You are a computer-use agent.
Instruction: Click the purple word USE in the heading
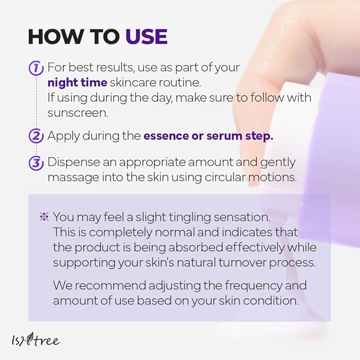pyautogui.click(x=146, y=36)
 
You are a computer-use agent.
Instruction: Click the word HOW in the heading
pyautogui.click(x=55, y=36)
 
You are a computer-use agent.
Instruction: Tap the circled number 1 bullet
pyautogui.click(x=36, y=68)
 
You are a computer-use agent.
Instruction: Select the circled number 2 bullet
pyautogui.click(x=36, y=136)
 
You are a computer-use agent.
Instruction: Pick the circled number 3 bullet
pyautogui.click(x=36, y=163)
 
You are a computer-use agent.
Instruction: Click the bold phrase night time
pyautogui.click(x=77, y=83)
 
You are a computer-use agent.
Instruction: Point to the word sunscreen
pyautogui.click(x=77, y=113)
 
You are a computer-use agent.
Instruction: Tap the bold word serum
pyautogui.click(x=224, y=136)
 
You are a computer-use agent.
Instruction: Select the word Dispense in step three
pyautogui.click(x=74, y=163)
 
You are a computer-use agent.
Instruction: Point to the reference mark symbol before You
pyautogui.click(x=44, y=216)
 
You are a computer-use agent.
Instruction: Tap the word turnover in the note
pyautogui.click(x=242, y=262)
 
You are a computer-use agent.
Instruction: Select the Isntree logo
pyautogui.click(x=36, y=339)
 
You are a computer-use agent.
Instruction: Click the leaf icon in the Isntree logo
pyautogui.click(x=29, y=339)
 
